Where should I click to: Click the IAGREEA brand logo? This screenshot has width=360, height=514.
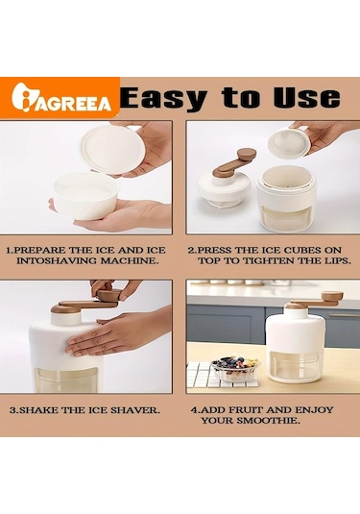click(61, 97)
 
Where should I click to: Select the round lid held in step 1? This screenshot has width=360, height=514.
click(113, 149)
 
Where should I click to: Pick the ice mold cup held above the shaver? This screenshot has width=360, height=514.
click(288, 142)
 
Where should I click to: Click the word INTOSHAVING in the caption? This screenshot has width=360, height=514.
click(56, 261)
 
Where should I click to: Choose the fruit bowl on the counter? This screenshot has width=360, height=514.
click(235, 368)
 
